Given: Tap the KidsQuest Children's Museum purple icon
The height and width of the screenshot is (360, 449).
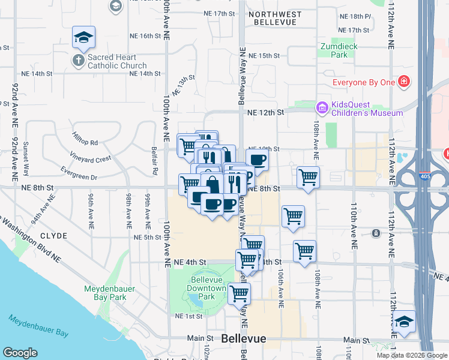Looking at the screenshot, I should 322,107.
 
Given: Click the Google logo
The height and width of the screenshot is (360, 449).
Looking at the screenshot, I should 20,353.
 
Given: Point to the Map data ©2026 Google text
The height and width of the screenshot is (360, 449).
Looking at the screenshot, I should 412,355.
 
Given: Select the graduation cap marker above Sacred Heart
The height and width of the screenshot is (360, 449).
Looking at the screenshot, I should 83,37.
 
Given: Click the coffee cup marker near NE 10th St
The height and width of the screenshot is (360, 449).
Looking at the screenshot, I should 257,160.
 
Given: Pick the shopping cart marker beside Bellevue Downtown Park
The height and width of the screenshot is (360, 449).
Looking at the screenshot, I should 239,293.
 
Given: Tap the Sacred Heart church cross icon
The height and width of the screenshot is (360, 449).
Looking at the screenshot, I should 78,60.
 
